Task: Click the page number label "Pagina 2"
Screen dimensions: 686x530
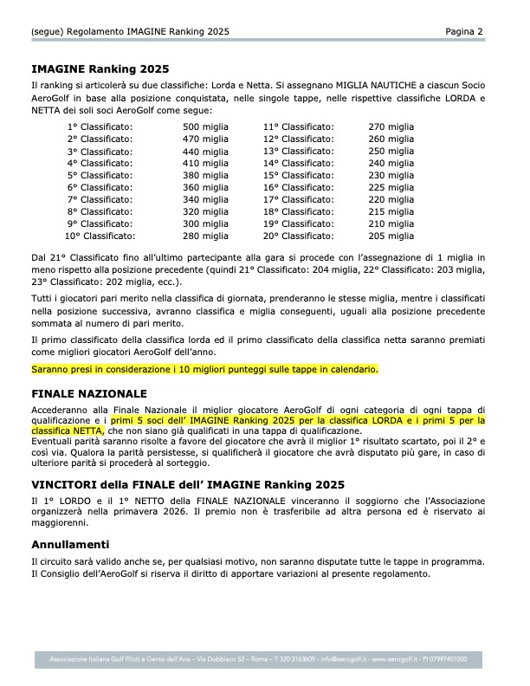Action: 464,31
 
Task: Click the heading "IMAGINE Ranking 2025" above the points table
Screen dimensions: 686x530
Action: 100,68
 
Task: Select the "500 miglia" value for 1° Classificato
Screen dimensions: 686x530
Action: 206,126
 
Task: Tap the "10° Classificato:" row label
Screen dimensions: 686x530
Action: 100,236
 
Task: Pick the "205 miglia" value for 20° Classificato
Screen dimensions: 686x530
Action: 391,236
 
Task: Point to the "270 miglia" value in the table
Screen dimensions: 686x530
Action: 391,126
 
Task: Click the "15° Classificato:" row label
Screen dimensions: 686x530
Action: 299,175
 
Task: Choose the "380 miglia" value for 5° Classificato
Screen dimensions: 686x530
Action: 206,175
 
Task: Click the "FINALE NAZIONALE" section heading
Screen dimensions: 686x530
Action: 89,393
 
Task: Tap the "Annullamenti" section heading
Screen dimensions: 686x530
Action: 70,545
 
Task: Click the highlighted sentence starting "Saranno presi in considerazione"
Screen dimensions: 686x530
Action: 204,370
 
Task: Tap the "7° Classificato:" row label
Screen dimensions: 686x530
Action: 100,199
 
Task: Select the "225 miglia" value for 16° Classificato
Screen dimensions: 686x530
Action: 391,187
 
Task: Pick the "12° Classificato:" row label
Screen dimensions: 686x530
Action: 299,139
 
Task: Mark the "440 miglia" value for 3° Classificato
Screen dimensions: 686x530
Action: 206,151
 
